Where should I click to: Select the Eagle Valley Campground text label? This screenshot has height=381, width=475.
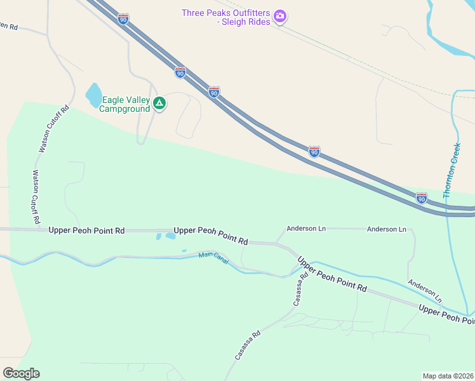click(125, 104)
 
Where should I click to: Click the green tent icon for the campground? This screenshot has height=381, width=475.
click(159, 103)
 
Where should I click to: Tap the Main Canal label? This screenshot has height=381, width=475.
click(213, 255)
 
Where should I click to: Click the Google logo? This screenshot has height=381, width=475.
click(21, 373)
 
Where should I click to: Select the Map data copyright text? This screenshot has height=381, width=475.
click(448, 375)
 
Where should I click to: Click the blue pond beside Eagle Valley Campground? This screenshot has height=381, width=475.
click(93, 95)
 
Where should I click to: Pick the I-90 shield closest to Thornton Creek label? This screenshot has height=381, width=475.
click(421, 198)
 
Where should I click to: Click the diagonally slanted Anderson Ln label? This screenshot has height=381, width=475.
click(424, 290)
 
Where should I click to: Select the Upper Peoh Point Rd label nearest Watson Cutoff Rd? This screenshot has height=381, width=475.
click(86, 231)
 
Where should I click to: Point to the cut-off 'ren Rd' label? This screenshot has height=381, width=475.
click(8, 27)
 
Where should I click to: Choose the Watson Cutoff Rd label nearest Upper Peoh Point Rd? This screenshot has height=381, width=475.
click(36, 196)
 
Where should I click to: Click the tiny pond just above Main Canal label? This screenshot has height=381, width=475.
click(184, 250)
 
